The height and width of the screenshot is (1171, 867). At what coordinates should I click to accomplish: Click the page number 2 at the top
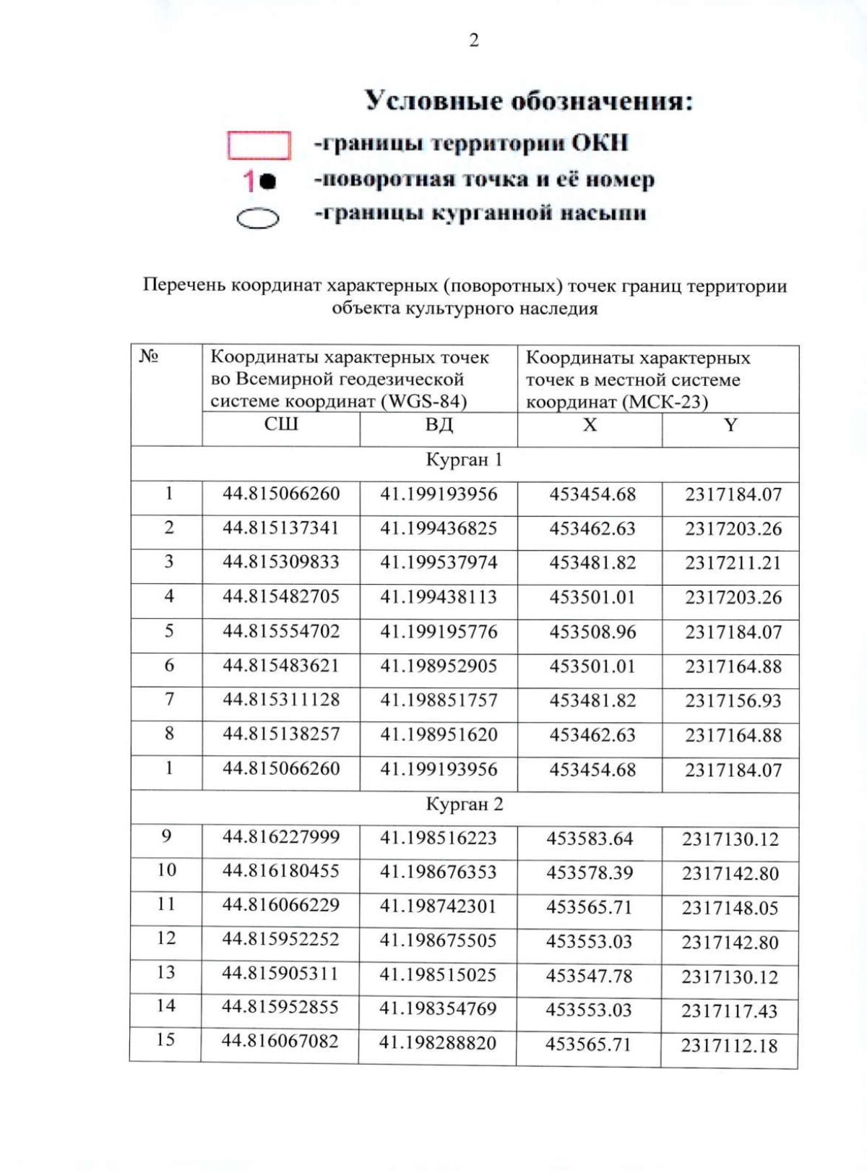(x=474, y=40)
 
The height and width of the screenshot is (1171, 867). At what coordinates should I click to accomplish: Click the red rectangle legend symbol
(x=259, y=145)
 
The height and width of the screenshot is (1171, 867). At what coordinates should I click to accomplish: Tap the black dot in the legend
(x=267, y=181)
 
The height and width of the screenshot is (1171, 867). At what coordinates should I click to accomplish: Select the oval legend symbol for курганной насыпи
(x=258, y=218)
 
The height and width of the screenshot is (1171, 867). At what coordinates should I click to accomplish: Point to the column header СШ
(x=281, y=424)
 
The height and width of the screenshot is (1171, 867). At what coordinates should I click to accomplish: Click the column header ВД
(x=439, y=424)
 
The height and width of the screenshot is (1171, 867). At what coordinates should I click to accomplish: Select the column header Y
(x=730, y=425)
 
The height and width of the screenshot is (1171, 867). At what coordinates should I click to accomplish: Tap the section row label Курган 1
(x=464, y=460)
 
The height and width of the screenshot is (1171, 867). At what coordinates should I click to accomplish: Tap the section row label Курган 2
(x=464, y=804)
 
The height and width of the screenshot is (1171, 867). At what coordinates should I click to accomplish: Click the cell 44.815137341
(x=281, y=528)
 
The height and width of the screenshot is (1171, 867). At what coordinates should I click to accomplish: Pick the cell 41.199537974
(x=439, y=562)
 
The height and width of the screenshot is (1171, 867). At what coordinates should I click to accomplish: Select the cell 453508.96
(x=592, y=632)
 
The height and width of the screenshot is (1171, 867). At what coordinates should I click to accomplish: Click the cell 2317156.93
(x=733, y=700)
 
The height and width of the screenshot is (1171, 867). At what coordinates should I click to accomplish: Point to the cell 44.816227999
(x=281, y=837)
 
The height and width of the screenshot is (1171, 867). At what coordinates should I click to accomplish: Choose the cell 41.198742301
(x=439, y=906)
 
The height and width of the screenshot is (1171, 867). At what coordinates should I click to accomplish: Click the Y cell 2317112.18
(x=729, y=1045)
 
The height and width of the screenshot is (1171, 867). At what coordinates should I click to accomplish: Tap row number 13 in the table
(x=166, y=972)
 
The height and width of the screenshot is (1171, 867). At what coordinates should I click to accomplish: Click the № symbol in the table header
(x=149, y=356)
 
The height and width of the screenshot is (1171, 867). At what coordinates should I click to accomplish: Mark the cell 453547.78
(x=589, y=976)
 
